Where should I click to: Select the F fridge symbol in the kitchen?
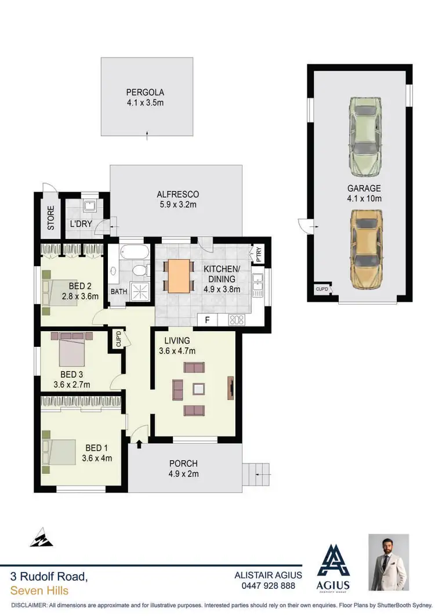click(x=205, y=319)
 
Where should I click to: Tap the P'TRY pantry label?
click(x=258, y=253)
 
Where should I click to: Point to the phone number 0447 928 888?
click(x=268, y=586)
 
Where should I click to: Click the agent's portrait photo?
click(x=389, y=563)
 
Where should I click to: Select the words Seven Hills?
click(x=39, y=590)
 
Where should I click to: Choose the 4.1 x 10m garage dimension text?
click(x=364, y=198)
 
